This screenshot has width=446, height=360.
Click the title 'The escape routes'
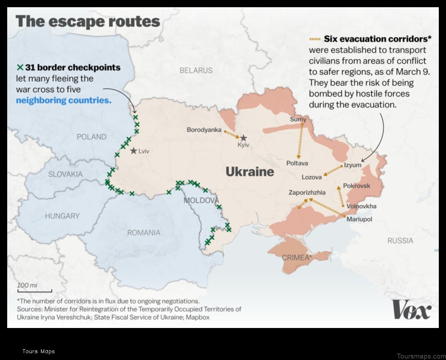(x=88, y=22)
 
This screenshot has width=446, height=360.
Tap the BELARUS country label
(x=196, y=70)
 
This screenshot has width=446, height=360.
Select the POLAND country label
(x=91, y=137)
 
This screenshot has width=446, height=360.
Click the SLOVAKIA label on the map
(x=65, y=174)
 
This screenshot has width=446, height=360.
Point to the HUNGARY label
(x=62, y=216)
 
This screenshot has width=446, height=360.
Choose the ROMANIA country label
(x=144, y=233)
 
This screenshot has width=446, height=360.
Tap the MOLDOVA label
(x=201, y=200)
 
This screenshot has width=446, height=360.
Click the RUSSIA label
(x=400, y=241)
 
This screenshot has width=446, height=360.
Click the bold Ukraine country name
(x=250, y=172)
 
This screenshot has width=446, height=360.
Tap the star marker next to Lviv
(x=134, y=151)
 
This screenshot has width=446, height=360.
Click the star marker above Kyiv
(x=244, y=138)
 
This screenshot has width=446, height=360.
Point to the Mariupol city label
(x=359, y=219)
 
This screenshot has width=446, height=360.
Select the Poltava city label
(x=297, y=163)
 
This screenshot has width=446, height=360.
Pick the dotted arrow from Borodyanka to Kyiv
(x=232, y=134)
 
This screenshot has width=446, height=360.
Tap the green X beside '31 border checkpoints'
(x=20, y=67)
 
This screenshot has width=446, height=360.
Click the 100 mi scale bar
(x=35, y=291)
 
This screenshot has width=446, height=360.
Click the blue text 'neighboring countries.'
(x=64, y=100)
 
